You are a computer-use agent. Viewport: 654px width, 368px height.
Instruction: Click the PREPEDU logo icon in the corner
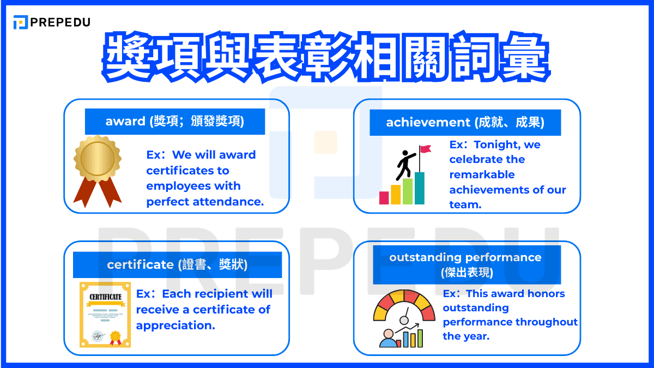pos(21,22)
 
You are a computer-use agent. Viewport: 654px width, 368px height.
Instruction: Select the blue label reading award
pos(174,122)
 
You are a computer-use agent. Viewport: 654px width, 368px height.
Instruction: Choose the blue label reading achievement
pos(465,123)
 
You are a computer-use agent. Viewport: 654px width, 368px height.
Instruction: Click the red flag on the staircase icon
pos(425,149)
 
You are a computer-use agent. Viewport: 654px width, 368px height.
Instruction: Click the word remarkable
pos(482,174)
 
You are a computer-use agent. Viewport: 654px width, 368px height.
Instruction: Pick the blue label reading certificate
pos(177,265)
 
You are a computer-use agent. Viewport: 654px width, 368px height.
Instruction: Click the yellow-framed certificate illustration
pos(105,315)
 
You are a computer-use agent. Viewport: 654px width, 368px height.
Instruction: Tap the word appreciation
pos(175,325)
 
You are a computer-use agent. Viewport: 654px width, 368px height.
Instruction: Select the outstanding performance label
pos(466,264)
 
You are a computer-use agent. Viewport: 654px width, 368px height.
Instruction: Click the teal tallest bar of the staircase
pos(419,188)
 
